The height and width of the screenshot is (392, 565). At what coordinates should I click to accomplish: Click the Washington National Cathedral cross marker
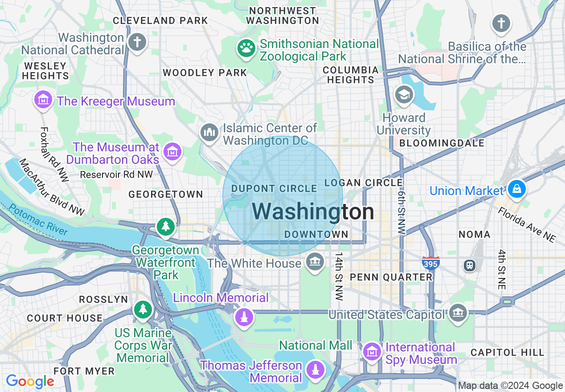tap(137, 43)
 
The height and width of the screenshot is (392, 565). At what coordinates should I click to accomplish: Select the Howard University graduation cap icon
tap(404, 94)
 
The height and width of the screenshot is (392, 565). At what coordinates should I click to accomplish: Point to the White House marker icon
tap(315, 262)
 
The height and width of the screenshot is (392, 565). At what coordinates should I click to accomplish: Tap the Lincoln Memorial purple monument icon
tap(244, 317)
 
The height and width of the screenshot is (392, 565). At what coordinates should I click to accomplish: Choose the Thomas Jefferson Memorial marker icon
tap(315, 370)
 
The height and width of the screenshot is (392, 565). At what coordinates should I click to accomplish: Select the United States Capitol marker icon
tap(458, 313)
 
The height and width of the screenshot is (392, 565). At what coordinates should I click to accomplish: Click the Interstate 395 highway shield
tap(431, 263)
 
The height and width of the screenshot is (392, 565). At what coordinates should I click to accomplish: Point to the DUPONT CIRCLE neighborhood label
tap(274, 189)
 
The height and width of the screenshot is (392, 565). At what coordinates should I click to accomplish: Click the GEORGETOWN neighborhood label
tap(166, 194)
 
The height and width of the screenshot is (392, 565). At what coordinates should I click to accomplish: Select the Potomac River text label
tap(38, 220)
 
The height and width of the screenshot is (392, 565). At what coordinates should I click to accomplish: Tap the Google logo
tap(30, 381)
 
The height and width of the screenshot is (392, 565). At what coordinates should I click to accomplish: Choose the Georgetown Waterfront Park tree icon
tap(166, 227)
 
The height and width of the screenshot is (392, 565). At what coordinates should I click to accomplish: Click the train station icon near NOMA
tap(470, 265)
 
